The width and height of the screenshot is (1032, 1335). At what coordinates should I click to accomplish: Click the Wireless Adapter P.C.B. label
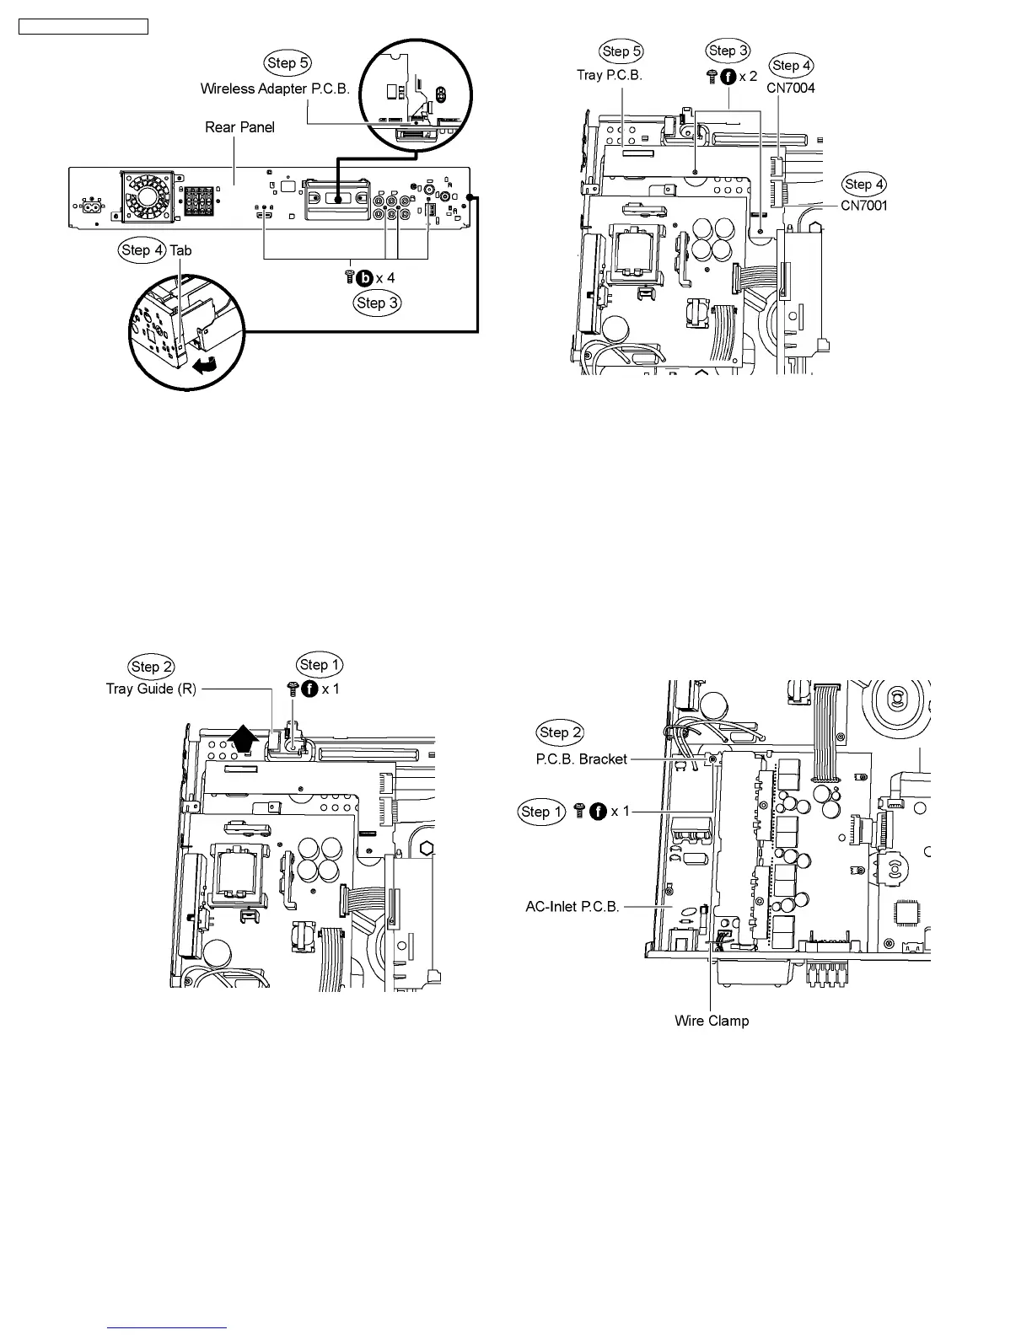pyautogui.click(x=275, y=88)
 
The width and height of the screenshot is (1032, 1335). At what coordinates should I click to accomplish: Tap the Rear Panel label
pyautogui.click(x=239, y=127)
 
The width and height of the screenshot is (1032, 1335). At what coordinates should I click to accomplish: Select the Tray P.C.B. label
pyautogui.click(x=609, y=75)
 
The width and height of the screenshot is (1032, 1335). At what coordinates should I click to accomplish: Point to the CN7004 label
pyautogui.click(x=790, y=88)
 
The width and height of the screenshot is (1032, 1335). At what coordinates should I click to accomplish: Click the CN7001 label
pyautogui.click(x=863, y=206)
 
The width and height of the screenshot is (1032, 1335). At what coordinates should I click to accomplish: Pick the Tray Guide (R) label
pyautogui.click(x=151, y=689)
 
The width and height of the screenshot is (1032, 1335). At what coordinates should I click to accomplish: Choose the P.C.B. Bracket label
pyautogui.click(x=581, y=759)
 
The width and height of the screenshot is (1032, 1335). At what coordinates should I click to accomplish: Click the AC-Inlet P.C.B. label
pyautogui.click(x=572, y=907)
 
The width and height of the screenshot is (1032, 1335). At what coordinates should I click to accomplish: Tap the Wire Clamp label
pyautogui.click(x=711, y=1021)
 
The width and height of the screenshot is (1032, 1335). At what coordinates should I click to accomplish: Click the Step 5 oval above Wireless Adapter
pyautogui.click(x=288, y=63)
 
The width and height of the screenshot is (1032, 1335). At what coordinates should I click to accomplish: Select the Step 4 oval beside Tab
pyautogui.click(x=142, y=250)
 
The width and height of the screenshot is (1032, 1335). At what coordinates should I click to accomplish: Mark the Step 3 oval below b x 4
pyautogui.click(x=377, y=303)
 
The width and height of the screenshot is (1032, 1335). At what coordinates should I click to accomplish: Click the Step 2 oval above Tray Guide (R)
pyautogui.click(x=151, y=667)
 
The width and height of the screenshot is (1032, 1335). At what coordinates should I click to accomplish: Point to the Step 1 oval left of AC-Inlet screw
pyautogui.click(x=541, y=812)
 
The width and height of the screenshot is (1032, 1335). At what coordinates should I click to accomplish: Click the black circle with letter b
pyautogui.click(x=365, y=278)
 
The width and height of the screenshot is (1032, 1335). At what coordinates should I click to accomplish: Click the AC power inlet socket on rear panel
pyautogui.click(x=89, y=205)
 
